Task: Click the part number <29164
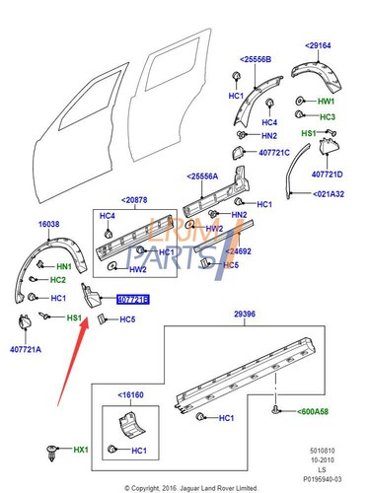click(320, 46)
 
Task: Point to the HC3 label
click(328, 116)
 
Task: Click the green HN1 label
click(64, 267)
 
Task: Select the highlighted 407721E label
click(132, 298)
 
